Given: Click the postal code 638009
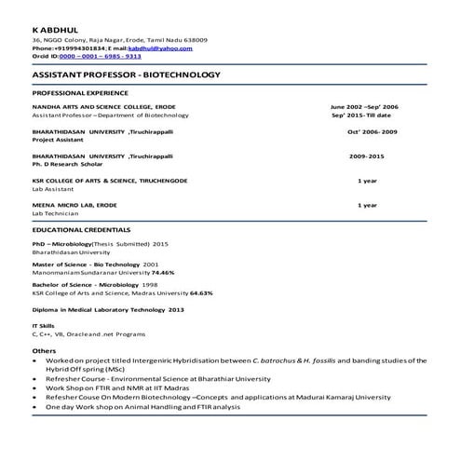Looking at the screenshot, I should click(x=196, y=40).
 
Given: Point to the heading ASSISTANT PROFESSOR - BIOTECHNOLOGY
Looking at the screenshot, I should click(x=126, y=74).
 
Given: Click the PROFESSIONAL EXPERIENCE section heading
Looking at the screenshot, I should click(x=80, y=94).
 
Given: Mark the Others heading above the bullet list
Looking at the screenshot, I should click(x=44, y=350).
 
